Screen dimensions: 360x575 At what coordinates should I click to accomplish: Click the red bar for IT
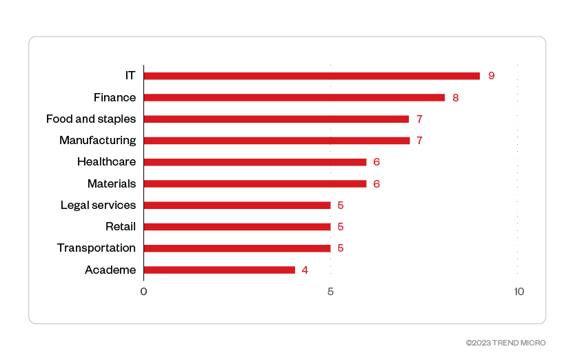click(x=312, y=76)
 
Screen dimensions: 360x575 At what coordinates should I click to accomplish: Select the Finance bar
click(x=294, y=97)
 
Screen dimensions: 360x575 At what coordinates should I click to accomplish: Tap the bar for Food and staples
click(x=276, y=119)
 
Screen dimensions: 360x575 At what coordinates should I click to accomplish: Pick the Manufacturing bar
click(x=276, y=141)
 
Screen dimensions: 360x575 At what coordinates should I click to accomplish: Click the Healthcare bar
click(x=255, y=162)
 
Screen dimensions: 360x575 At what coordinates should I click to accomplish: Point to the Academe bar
click(x=219, y=270)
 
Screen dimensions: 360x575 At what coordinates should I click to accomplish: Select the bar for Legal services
click(x=237, y=205)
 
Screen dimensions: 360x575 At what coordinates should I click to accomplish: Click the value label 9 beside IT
click(x=491, y=76)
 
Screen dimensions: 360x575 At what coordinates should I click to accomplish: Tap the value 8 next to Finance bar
click(x=456, y=97)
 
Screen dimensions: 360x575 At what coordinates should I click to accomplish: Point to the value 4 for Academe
click(x=305, y=270)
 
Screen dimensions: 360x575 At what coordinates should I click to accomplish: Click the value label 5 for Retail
click(x=341, y=226)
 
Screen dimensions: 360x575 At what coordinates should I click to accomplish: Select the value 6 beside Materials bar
click(x=376, y=183)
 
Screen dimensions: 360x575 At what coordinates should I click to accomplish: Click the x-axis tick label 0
click(x=143, y=291)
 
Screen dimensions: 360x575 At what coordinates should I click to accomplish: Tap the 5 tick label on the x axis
click(x=330, y=291)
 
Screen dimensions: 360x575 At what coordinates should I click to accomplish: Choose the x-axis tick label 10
click(x=518, y=291)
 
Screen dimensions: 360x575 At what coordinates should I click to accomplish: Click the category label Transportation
click(x=97, y=248)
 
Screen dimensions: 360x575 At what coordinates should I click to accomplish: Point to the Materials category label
click(x=112, y=183)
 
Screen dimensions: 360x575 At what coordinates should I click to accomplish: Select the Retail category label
click(x=121, y=226)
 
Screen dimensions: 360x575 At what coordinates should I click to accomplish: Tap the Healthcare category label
click(x=106, y=162)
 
